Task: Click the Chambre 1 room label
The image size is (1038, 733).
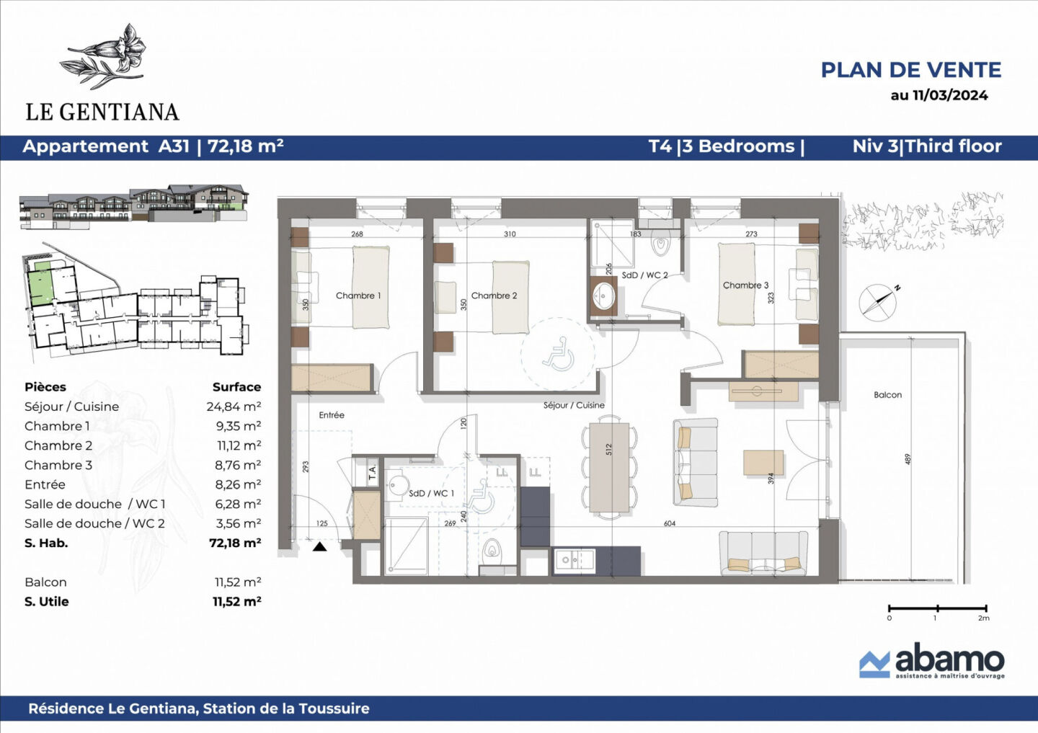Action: pos(358,296)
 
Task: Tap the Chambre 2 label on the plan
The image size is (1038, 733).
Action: pos(494,296)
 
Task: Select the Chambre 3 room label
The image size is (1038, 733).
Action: pos(745,285)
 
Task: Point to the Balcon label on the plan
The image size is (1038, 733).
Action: pos(887,395)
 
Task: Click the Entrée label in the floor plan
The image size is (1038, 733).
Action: pos(332,415)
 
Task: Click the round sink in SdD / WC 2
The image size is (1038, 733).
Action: pos(603,296)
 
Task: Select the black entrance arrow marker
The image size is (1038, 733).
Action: pos(319,547)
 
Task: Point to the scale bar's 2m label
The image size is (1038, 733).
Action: pos(983,618)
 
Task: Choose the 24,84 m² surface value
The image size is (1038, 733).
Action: pos(234,407)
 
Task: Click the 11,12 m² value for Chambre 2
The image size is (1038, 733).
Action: pos(238,445)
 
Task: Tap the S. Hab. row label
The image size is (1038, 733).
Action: pos(46,543)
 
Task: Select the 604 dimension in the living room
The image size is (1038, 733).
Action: pos(670,524)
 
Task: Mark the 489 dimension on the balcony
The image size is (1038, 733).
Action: pos(908,459)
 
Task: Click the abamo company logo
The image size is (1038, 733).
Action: pos(931,661)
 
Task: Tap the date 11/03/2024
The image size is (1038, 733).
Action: pos(949,95)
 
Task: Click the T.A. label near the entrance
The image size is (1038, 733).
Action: pos(372,473)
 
